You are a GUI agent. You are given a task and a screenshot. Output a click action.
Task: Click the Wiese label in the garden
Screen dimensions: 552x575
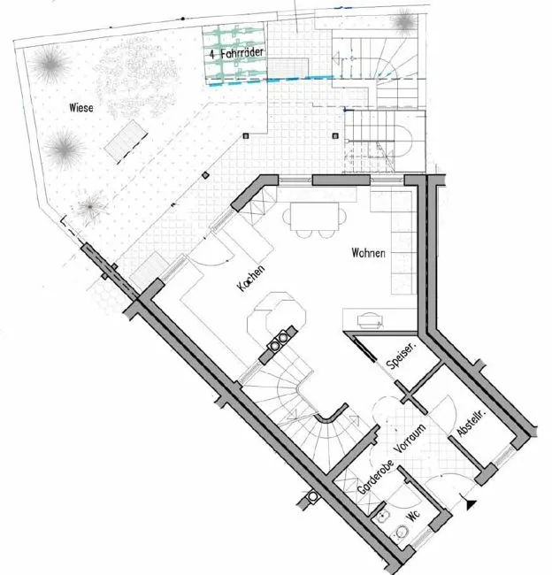[81, 107]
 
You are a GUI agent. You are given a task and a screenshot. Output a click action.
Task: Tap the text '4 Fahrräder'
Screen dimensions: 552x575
[236, 54]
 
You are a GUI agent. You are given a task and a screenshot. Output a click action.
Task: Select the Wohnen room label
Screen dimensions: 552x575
[368, 253]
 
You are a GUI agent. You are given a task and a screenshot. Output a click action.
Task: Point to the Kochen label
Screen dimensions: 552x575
[251, 279]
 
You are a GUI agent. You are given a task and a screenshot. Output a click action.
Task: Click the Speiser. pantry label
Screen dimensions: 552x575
[402, 356]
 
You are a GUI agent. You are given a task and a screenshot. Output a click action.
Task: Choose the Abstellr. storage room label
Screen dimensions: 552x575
[471, 423]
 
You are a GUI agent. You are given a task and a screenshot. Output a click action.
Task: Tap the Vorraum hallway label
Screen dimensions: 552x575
[410, 438]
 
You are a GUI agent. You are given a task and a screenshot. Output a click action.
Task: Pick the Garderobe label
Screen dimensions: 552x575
[376, 477]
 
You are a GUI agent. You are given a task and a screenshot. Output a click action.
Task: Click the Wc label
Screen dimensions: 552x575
[413, 515]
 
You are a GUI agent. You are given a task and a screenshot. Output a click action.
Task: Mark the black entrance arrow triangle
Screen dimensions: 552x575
[471, 504]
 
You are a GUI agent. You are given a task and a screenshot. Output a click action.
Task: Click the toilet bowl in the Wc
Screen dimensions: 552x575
[401, 532]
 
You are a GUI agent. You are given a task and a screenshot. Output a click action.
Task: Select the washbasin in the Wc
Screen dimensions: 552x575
[383, 517]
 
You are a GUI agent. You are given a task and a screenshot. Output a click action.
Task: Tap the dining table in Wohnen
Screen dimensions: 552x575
[314, 217]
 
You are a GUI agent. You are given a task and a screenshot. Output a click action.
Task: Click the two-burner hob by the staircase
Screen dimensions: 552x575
[278, 341]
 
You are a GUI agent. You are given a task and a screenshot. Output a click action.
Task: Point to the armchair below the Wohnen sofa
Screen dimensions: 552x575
[370, 320]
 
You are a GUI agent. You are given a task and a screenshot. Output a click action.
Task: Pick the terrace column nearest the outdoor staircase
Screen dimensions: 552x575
[335, 136]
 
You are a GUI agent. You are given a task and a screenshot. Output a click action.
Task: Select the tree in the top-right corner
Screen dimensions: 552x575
[405, 20]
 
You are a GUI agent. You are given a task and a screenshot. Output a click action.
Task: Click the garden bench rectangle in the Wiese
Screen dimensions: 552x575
[126, 141]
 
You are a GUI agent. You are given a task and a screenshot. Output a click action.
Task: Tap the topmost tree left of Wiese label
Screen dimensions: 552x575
[50, 65]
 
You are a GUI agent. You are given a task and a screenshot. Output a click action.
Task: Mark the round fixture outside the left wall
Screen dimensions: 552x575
[312, 496]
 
